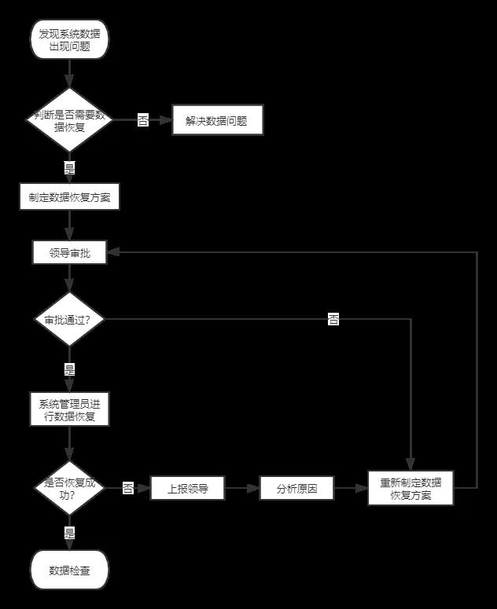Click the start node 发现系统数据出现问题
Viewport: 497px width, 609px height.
click(69, 40)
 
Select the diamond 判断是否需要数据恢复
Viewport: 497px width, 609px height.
click(69, 119)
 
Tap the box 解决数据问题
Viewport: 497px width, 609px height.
click(216, 121)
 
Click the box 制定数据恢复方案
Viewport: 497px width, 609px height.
click(69, 197)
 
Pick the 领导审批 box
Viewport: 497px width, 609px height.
click(69, 252)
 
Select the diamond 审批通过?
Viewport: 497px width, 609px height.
click(69, 319)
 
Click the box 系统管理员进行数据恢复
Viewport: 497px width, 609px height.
click(69, 409)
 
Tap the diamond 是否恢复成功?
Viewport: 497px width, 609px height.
click(69, 488)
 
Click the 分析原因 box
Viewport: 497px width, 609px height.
click(295, 488)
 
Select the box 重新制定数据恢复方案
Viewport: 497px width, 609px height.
click(410, 488)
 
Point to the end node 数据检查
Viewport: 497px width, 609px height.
click(69, 570)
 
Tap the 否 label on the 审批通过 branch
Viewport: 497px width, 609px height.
click(333, 319)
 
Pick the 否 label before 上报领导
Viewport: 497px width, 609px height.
click(128, 488)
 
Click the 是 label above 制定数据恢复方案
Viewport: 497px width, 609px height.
click(69, 167)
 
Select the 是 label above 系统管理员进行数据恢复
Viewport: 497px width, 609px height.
click(69, 369)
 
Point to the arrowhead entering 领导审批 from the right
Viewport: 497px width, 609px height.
click(112, 252)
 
